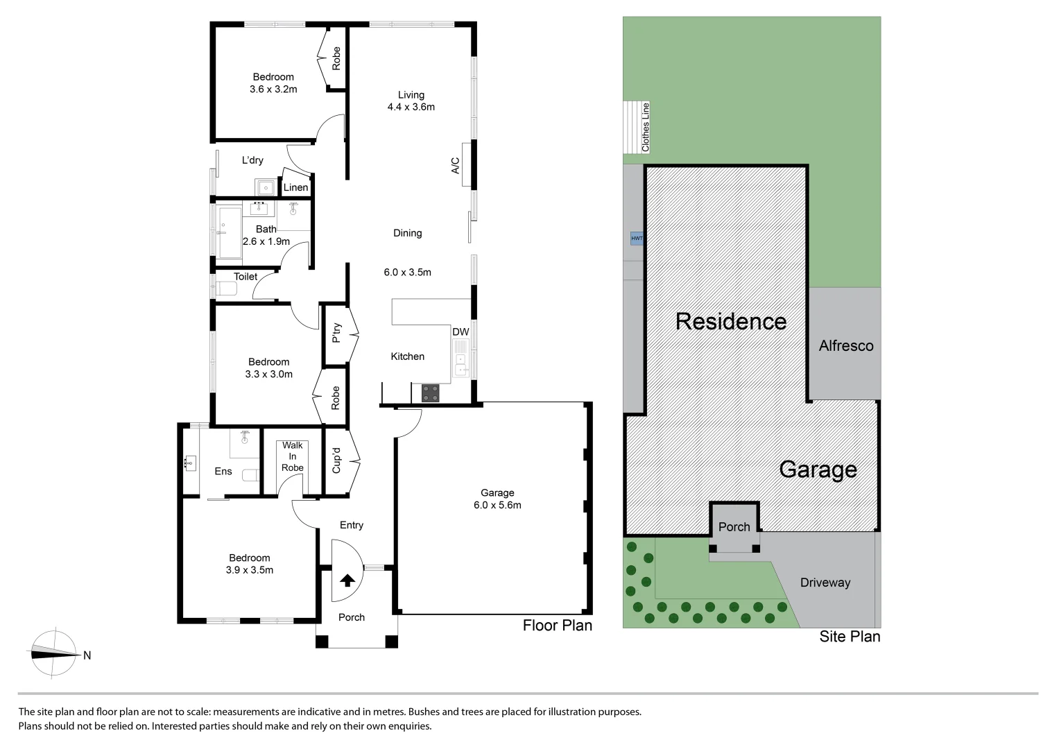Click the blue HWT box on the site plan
click(636, 239)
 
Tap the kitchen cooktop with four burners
click(431, 393)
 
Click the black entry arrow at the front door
click(347, 580)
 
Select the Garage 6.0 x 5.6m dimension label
click(497, 499)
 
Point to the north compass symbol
click(55, 653)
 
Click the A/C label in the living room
click(456, 165)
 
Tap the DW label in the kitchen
click(460, 332)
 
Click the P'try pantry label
click(336, 334)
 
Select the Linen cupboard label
click(295, 187)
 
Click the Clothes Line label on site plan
click(646, 128)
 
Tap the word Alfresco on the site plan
click(845, 345)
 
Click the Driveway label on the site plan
click(825, 583)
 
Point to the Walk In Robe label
click(292, 456)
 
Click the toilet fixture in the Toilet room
click(227, 289)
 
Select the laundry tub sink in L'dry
click(265, 187)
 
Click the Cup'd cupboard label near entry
click(336, 460)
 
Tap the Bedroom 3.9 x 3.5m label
click(250, 564)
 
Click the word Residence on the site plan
click(730, 321)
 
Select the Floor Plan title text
click(557, 626)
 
